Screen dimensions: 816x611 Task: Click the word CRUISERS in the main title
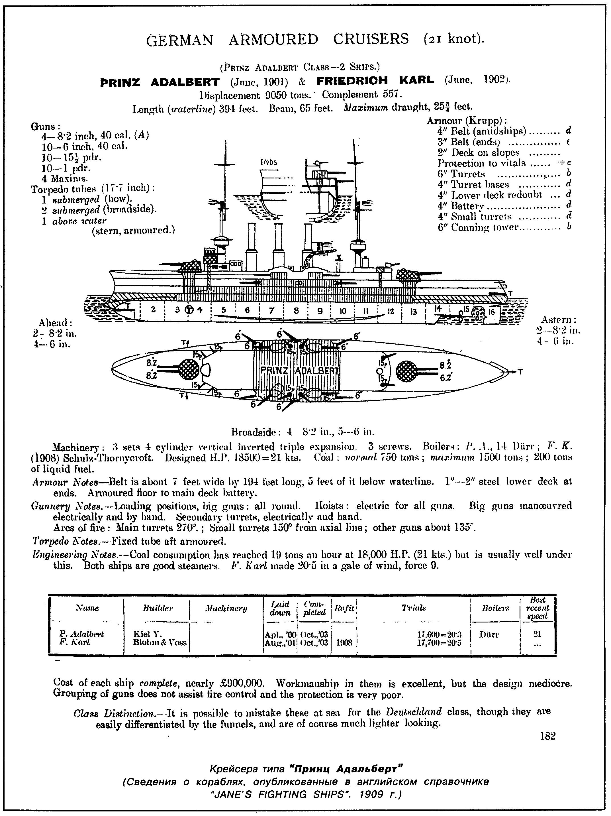click(371, 39)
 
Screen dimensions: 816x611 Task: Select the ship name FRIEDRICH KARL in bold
click(375, 81)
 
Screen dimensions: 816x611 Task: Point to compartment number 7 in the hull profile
click(272, 311)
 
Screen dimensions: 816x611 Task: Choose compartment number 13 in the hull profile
click(413, 312)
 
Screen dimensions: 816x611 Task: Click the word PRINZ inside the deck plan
click(274, 370)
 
